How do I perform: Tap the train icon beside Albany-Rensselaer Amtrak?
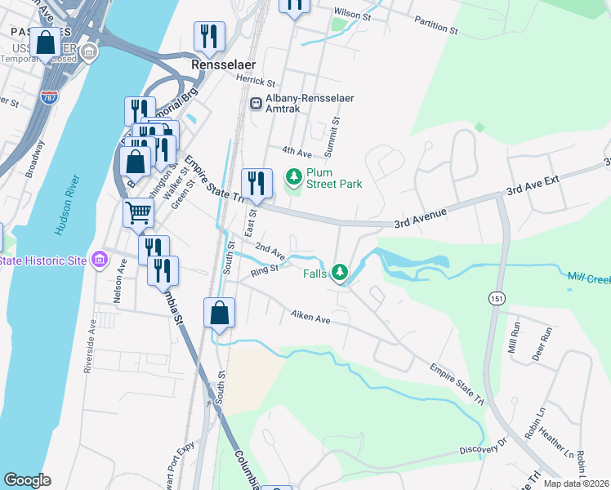click(x=256, y=104)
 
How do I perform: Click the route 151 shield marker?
click(x=497, y=299)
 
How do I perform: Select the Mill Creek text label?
click(x=589, y=279)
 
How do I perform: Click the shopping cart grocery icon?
click(x=138, y=213)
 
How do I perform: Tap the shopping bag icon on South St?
click(x=220, y=313)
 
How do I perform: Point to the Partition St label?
click(x=435, y=24)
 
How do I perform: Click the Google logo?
click(x=28, y=480)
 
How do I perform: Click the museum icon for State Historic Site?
click(x=99, y=260)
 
